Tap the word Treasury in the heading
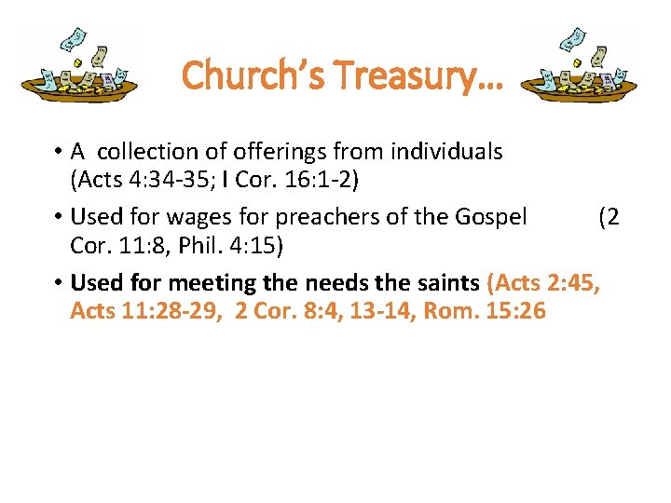[x=399, y=74]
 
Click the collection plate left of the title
[x=79, y=65]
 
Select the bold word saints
[x=445, y=282]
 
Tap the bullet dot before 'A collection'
[x=58, y=152]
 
